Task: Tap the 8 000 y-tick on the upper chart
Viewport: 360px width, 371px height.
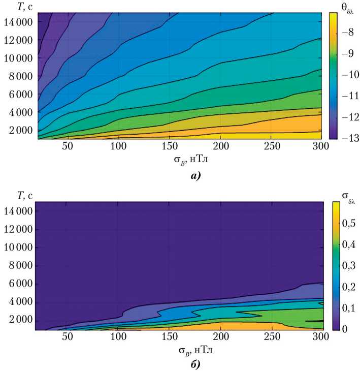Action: pyautogui.click(x=20, y=76)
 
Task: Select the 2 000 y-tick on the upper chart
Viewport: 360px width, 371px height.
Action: pyautogui.click(x=20, y=130)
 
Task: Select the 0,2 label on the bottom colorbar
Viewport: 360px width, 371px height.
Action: pyautogui.click(x=348, y=287)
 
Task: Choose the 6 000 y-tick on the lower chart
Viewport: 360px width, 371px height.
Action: pyautogui.click(x=20, y=284)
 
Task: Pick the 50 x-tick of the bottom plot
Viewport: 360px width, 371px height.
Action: pyautogui.click(x=67, y=336)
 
